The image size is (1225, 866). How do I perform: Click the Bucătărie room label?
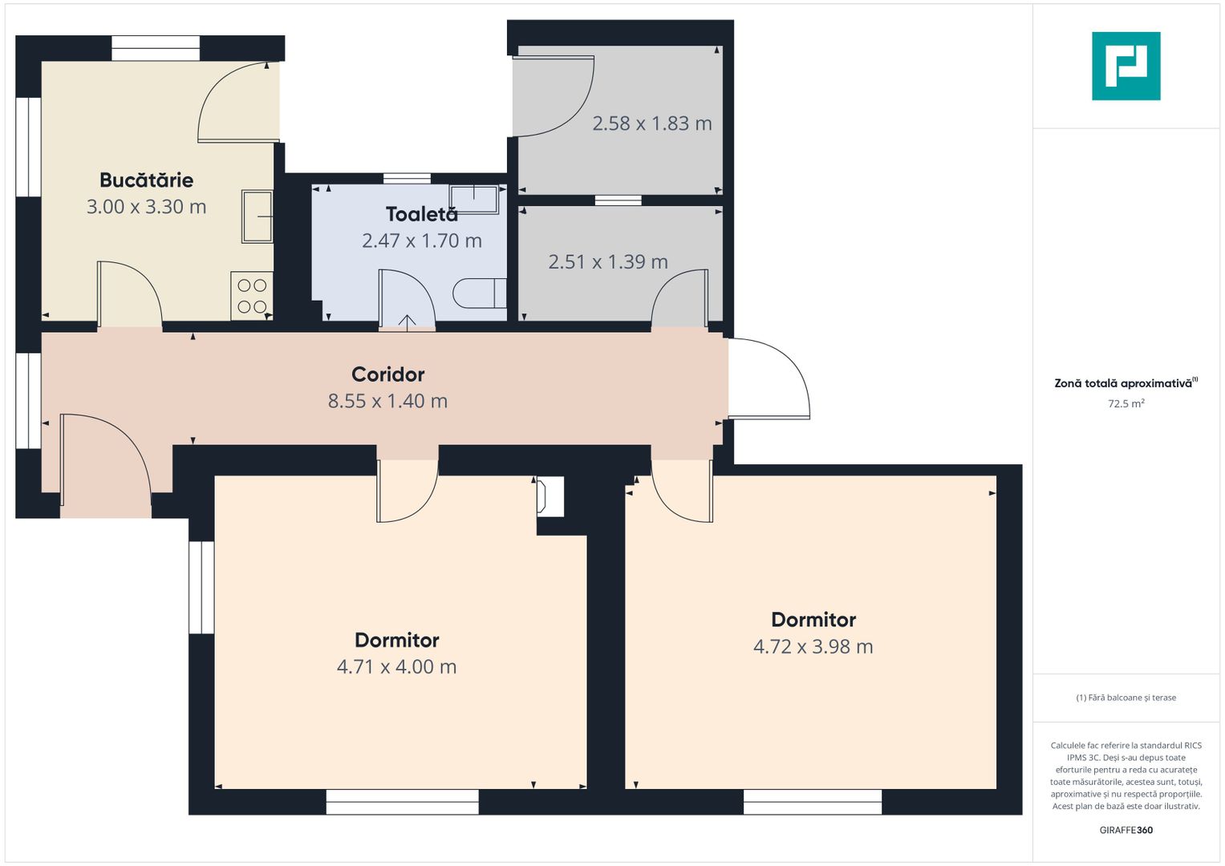147,180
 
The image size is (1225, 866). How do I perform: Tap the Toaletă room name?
422,214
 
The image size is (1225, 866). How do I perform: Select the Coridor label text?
387,374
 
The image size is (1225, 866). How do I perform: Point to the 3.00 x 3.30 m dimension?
147,207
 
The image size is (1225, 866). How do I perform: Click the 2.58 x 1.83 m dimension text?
652,123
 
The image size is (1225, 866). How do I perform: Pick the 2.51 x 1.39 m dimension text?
608,262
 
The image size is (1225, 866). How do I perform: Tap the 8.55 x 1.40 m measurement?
387,401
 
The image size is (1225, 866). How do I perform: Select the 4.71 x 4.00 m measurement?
396,667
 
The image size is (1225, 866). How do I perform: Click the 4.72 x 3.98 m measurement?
813,647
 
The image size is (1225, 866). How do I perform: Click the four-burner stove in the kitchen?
252,295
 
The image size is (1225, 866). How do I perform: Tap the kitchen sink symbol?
257,216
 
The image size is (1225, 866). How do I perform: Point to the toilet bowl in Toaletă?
480,293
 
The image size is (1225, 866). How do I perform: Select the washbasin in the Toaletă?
473,200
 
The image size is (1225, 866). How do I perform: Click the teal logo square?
1126,66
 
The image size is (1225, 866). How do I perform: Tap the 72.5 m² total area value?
1126,403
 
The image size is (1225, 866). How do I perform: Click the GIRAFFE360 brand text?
1126,830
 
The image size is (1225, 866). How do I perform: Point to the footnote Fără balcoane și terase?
1126,698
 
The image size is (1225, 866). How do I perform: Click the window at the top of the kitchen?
156,48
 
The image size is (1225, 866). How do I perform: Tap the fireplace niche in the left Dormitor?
550,496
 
